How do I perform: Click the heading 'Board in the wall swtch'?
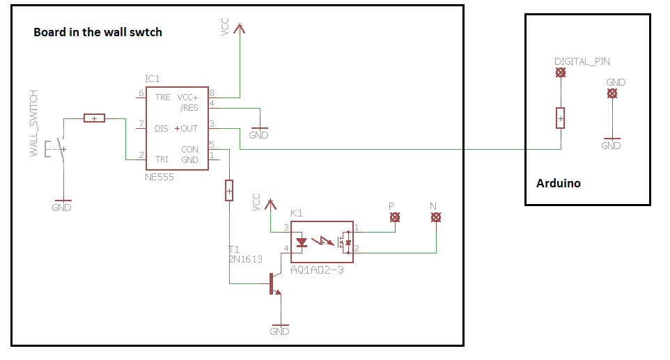[98, 32]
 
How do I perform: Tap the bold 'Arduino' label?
[558, 184]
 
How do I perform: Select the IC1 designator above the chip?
[153, 79]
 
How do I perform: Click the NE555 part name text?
[159, 178]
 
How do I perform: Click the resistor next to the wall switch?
[94, 118]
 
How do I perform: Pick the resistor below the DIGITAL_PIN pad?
[560, 118]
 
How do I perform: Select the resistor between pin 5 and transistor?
[229, 189]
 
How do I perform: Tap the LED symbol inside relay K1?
[302, 242]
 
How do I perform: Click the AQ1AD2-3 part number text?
[317, 269]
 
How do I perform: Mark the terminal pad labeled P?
[394, 218]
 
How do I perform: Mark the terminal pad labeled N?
[435, 218]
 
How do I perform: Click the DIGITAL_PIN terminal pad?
[559, 72]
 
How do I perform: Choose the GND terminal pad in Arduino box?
[611, 93]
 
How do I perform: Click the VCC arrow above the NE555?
[239, 29]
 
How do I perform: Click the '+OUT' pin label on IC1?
[187, 128]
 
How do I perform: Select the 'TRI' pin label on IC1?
[162, 159]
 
